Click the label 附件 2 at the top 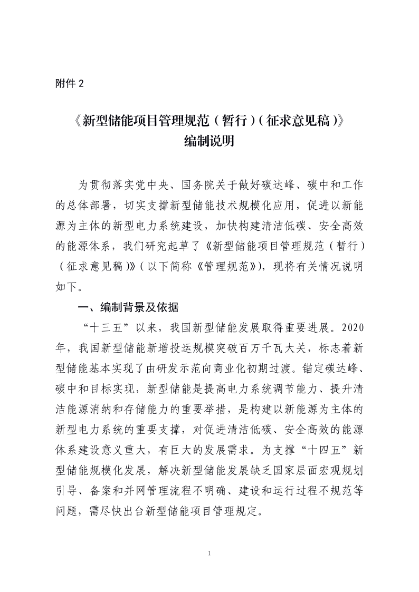[69, 83]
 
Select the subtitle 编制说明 [209, 142]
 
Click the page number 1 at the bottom [209, 553]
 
